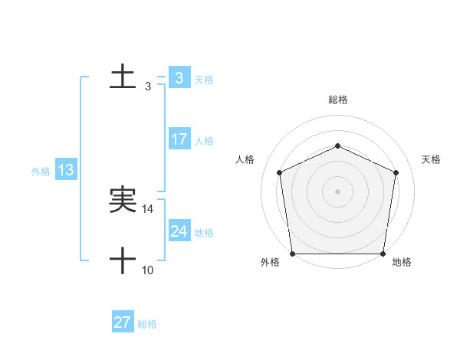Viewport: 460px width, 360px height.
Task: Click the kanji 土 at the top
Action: pyautogui.click(x=123, y=77)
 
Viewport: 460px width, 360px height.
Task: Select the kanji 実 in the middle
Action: pyautogui.click(x=123, y=201)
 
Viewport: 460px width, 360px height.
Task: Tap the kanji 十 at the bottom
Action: pyautogui.click(x=123, y=261)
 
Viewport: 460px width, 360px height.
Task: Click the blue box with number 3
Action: pyautogui.click(x=179, y=77)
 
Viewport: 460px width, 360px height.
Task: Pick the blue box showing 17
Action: pyautogui.click(x=179, y=139)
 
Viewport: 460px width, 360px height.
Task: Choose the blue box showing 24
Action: pyautogui.click(x=179, y=231)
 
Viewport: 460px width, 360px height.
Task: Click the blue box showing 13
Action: pyautogui.click(x=66, y=170)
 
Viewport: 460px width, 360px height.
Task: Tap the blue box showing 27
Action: pyautogui.click(x=123, y=322)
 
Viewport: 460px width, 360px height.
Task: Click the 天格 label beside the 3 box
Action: pyautogui.click(x=204, y=79)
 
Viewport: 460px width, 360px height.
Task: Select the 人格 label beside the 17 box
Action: pyautogui.click(x=204, y=141)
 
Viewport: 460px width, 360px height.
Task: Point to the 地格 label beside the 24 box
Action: pyautogui.click(x=204, y=233)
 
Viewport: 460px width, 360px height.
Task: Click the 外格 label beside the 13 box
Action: pyautogui.click(x=41, y=172)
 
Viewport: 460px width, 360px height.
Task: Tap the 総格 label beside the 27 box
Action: pyautogui.click(x=147, y=324)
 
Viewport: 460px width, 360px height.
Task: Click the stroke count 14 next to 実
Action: pyautogui.click(x=148, y=209)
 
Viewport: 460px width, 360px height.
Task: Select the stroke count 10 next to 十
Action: pyautogui.click(x=148, y=270)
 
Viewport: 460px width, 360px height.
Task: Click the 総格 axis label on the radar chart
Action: pyautogui.click(x=337, y=100)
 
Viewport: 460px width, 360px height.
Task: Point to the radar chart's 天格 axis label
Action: pyautogui.click(x=432, y=159)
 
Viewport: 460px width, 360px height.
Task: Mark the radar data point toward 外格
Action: pyautogui.click(x=292, y=254)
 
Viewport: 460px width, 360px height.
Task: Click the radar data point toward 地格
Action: pyautogui.click(x=383, y=254)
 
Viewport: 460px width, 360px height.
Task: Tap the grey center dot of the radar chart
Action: pyautogui.click(x=337, y=191)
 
